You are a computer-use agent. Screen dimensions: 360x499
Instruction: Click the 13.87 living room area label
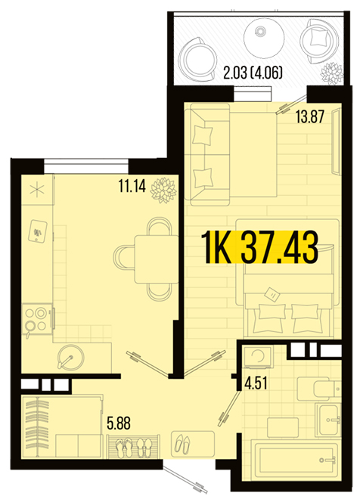pyautogui.click(x=310, y=116)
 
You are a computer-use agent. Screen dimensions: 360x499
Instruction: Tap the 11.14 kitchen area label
pyautogui.click(x=132, y=186)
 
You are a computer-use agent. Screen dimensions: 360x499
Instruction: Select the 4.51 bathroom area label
pyautogui.click(x=256, y=383)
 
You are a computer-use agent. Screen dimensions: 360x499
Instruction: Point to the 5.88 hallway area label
pyautogui.click(x=119, y=423)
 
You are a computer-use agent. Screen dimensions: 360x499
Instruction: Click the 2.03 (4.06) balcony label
pyautogui.click(x=253, y=73)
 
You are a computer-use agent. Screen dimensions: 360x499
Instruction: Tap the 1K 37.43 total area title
pyautogui.click(x=260, y=247)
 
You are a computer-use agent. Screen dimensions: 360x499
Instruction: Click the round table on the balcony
pyautogui.click(x=264, y=38)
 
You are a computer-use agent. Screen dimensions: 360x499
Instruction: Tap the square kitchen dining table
pyautogui.click(x=157, y=259)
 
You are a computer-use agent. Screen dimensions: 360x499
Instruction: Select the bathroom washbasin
pyautogui.click(x=327, y=420)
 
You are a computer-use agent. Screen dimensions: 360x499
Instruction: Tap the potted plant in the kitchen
pyautogui.click(x=163, y=190)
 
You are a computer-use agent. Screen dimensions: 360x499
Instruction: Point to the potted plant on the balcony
pyautogui.click(x=332, y=74)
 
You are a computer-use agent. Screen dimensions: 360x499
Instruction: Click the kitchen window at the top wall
pyautogui.click(x=86, y=166)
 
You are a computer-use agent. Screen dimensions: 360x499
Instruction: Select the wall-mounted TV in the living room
pyautogui.click(x=335, y=141)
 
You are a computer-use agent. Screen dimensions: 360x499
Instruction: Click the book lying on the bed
pyautogui.click(x=272, y=294)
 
